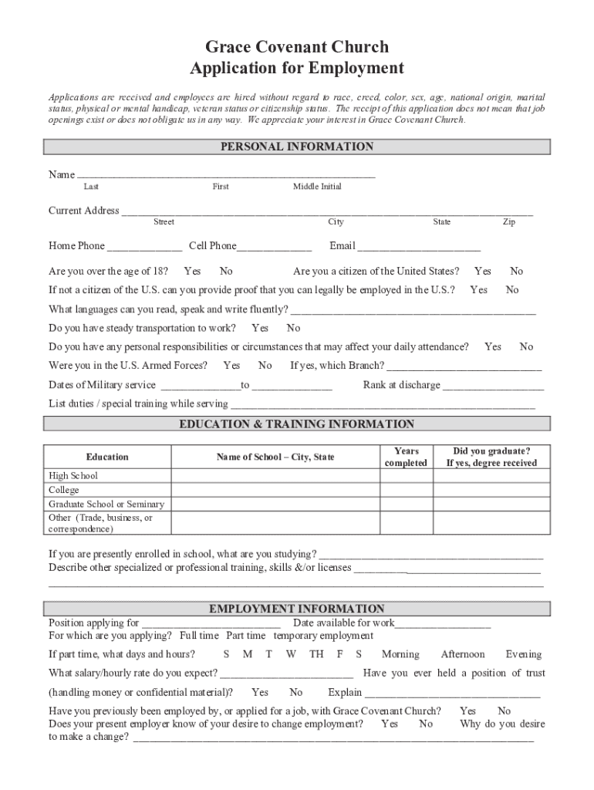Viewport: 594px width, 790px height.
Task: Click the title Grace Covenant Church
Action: click(x=297, y=47)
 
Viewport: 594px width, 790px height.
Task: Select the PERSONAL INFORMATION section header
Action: click(x=297, y=147)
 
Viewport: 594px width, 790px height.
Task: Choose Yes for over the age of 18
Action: click(x=192, y=272)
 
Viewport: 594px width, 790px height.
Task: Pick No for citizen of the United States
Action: click(x=516, y=272)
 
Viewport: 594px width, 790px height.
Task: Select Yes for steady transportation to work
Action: click(x=260, y=328)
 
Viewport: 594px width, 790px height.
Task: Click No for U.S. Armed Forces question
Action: click(x=265, y=366)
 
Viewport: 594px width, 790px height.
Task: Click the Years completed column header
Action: click(x=406, y=457)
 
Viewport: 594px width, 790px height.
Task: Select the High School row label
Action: click(x=73, y=476)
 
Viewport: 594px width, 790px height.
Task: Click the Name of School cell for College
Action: click(x=275, y=490)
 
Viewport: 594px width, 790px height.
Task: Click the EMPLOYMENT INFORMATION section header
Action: click(x=297, y=609)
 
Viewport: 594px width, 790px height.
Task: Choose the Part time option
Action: click(x=245, y=636)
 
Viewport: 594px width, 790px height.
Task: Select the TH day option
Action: click(x=316, y=654)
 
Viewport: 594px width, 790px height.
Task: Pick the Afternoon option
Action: click(x=463, y=654)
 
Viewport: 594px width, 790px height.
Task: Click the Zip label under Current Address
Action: click(x=509, y=222)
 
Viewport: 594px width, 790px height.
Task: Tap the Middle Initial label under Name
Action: click(x=317, y=187)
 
